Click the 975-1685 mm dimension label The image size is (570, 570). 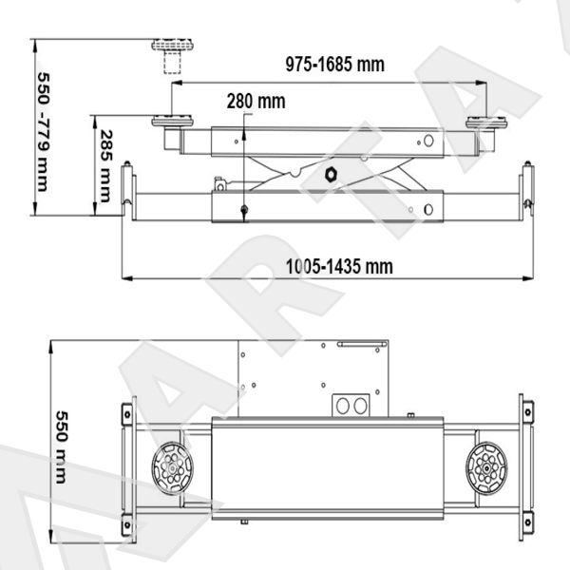click(334, 65)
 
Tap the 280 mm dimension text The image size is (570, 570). click(256, 101)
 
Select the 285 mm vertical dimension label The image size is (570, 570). click(105, 166)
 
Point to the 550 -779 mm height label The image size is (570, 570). click(44, 132)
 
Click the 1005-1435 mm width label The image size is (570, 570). click(339, 266)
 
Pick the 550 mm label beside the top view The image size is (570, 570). click(62, 447)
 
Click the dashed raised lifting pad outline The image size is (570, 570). click(172, 56)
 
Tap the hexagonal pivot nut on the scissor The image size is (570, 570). click(331, 175)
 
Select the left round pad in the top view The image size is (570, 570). click(172, 468)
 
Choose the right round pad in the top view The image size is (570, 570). click(486, 468)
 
